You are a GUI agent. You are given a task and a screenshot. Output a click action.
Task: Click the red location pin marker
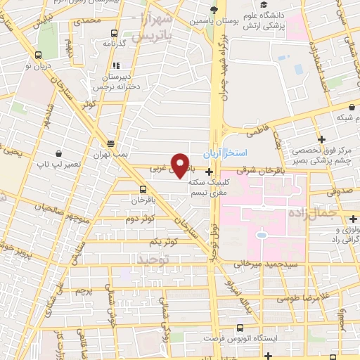[x=181, y=165]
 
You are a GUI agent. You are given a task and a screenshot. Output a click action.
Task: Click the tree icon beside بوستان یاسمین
[x=214, y=10]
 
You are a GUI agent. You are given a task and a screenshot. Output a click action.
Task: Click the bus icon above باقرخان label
[x=143, y=189]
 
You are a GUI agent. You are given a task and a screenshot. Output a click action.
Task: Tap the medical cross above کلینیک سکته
[x=209, y=171]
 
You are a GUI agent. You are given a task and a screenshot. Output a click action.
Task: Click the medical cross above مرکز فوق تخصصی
[x=322, y=139]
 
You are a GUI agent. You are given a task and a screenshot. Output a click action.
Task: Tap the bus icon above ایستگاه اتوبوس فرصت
[x=241, y=328]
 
